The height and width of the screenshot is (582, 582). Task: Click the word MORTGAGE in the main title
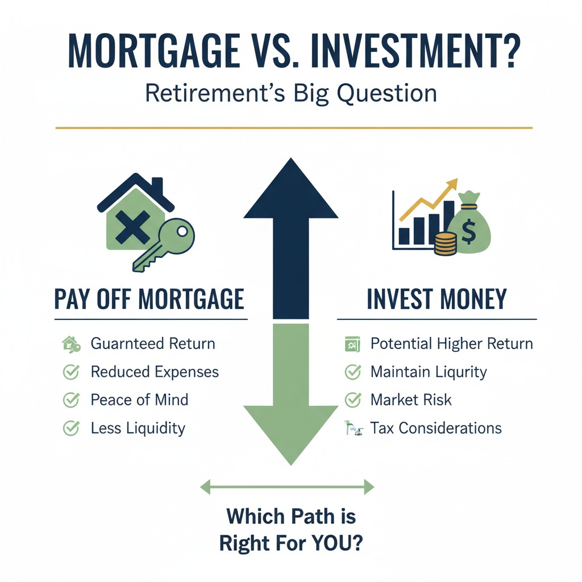click(x=153, y=51)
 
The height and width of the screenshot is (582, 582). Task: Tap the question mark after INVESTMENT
click(x=508, y=51)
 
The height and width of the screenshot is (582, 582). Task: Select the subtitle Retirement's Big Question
click(x=290, y=93)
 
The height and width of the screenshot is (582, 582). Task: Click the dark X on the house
click(x=132, y=227)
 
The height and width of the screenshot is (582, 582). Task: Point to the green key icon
click(x=164, y=244)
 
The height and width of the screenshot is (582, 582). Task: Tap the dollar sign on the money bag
click(x=468, y=231)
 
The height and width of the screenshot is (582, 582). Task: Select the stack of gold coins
click(x=445, y=243)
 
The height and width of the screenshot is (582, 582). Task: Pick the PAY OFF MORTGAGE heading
click(x=149, y=299)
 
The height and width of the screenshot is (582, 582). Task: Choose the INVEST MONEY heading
click(x=436, y=299)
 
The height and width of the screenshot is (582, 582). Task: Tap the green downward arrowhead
click(x=291, y=435)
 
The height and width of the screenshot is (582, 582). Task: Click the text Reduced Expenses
click(x=155, y=372)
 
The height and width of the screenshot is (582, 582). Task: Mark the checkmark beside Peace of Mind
click(x=71, y=400)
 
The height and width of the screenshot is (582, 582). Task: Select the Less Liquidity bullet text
click(x=138, y=429)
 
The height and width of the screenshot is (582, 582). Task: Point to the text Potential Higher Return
click(x=452, y=344)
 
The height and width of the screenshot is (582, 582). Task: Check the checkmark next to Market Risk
click(x=352, y=400)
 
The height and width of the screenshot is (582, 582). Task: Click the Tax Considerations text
click(x=436, y=429)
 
